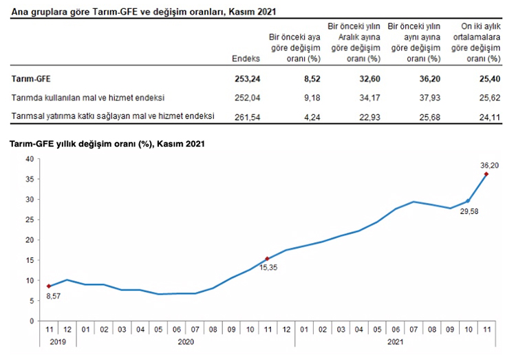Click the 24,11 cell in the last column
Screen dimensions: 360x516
(486, 116)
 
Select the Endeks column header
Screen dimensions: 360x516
(246, 59)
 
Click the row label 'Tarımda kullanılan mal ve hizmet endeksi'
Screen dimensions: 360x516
(88, 98)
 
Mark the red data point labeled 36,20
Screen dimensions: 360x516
(486, 174)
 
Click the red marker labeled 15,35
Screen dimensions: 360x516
(268, 259)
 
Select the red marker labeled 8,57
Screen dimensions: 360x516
(49, 286)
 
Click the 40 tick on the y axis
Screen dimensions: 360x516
(30, 159)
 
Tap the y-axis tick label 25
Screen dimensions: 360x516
(30, 220)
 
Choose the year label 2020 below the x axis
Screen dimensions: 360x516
(186, 341)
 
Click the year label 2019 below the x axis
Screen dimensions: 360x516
(57, 341)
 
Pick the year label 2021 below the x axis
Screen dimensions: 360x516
(395, 341)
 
